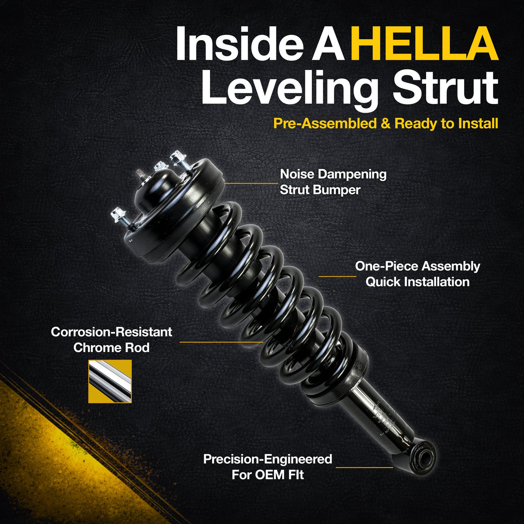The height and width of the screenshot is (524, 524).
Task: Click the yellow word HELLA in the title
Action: coord(424,44)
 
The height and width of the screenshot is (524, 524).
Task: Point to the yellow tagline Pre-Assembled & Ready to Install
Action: coord(386,124)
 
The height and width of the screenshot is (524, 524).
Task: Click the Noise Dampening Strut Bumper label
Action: coord(333,182)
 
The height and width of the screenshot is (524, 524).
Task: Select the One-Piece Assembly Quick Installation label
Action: coord(417,274)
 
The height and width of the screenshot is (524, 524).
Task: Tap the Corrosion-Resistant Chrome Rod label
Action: coord(111,340)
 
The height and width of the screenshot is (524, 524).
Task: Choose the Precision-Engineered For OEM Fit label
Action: coord(268,467)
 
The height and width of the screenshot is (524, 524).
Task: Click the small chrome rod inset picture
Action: coord(110,381)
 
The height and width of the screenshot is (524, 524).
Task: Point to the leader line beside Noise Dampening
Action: coord(251,183)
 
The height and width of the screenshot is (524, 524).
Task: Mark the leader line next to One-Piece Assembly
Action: coord(337,276)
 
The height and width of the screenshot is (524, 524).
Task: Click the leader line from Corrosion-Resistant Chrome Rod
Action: coord(221,342)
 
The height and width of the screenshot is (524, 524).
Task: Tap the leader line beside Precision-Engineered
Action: coord(364,467)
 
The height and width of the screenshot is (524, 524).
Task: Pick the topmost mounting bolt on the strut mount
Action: coord(179,160)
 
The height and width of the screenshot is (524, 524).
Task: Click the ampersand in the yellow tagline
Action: coord(385,124)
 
